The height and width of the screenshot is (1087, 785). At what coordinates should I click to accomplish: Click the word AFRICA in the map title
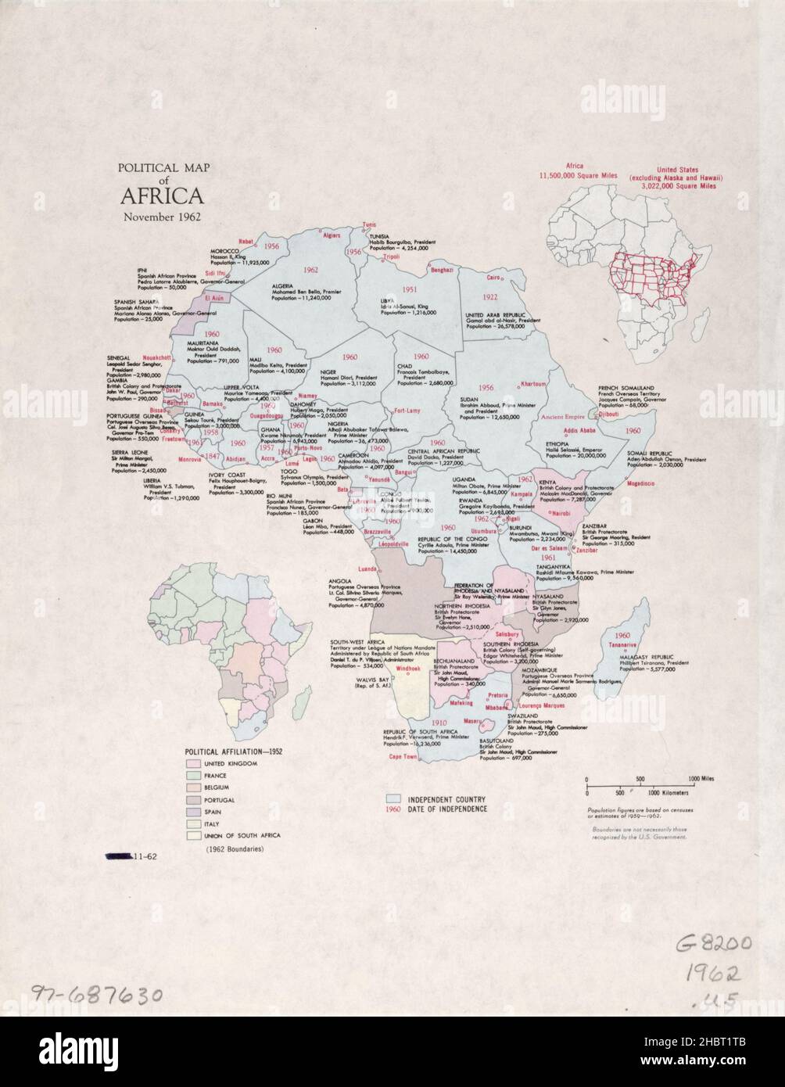click(161, 195)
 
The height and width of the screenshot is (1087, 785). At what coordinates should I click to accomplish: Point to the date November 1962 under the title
click(161, 216)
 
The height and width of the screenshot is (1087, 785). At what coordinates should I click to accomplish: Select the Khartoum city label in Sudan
click(533, 384)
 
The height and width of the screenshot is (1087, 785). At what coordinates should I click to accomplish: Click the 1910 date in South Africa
click(439, 723)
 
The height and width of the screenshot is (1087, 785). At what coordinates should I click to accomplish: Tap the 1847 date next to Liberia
click(213, 456)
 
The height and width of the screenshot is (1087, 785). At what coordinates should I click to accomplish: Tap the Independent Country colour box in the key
click(394, 799)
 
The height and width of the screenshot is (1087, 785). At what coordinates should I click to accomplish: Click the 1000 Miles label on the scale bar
click(701, 779)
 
